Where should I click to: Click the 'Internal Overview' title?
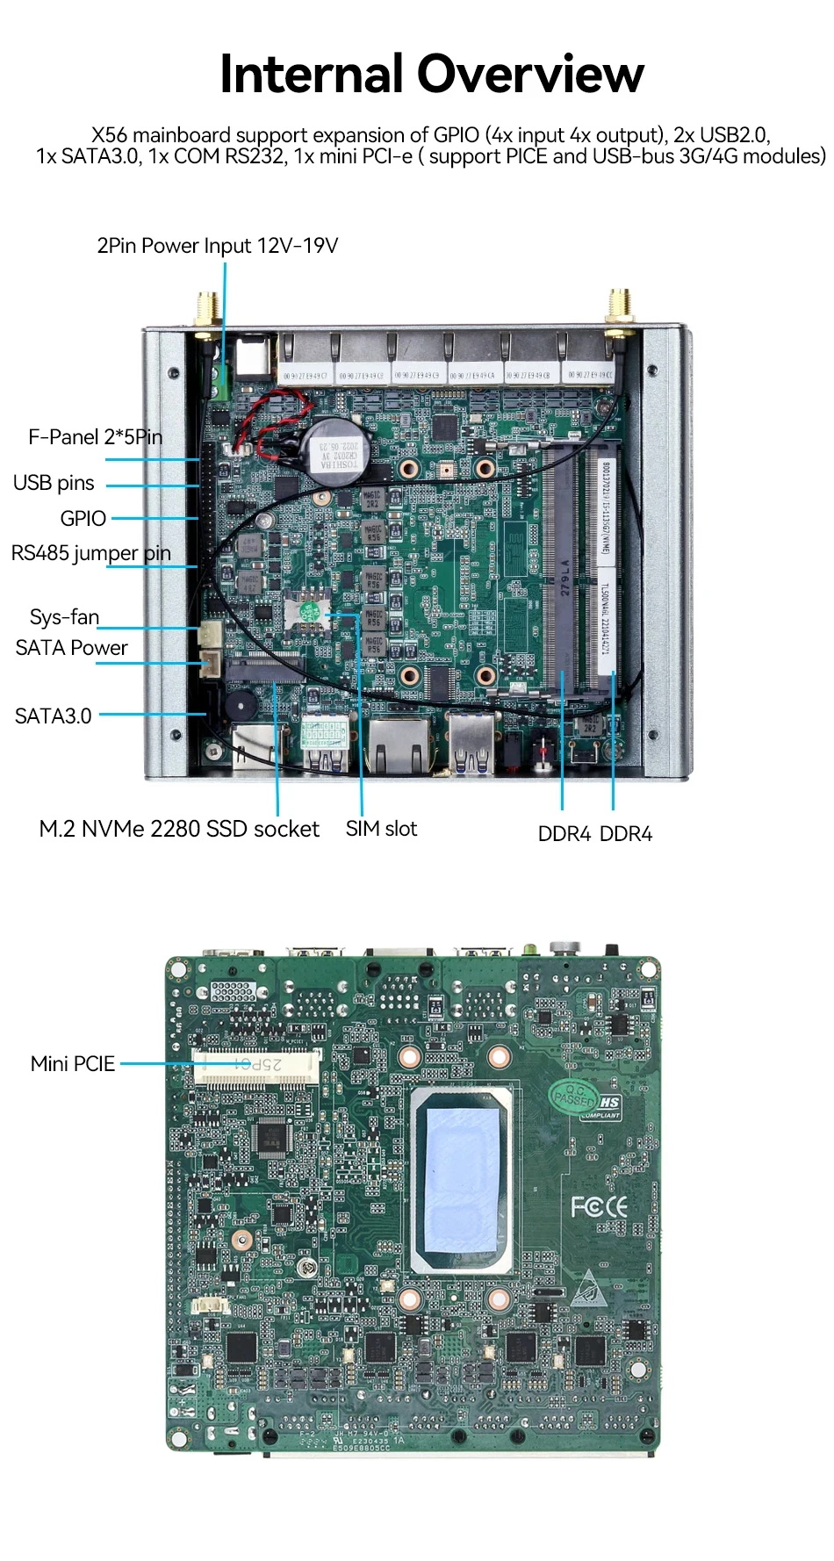click(431, 74)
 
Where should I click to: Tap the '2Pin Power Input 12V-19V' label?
click(217, 246)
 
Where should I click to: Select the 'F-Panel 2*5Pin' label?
click(95, 437)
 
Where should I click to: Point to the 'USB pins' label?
click(54, 483)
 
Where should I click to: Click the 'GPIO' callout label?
click(83, 519)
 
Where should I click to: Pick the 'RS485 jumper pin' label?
click(90, 553)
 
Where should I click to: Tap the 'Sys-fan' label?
click(64, 617)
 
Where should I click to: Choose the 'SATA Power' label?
click(71, 648)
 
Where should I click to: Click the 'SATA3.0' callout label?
click(53, 716)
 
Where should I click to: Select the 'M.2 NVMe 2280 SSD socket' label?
click(179, 830)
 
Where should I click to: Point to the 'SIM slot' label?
click(381, 829)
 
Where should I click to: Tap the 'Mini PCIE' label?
click(73, 1064)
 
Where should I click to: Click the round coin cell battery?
click(337, 446)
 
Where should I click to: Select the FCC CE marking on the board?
click(599, 1207)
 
